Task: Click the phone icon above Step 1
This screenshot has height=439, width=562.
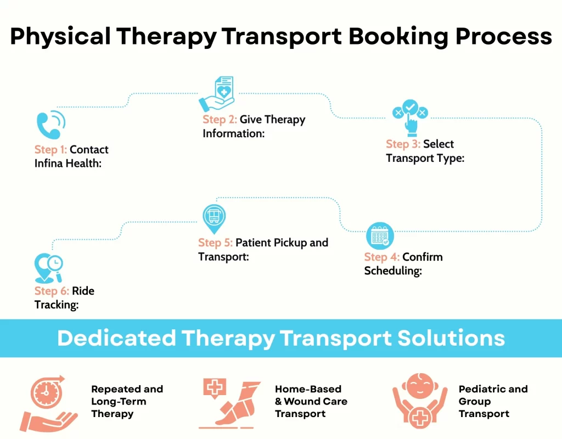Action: coord(50,125)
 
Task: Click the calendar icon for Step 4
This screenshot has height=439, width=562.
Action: coord(380,236)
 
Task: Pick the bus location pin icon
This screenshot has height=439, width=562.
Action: coord(213,218)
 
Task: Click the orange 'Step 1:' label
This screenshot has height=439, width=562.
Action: coord(50,150)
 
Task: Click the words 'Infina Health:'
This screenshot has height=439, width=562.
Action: coord(68,164)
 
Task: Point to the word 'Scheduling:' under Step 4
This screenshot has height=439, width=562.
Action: coord(393,271)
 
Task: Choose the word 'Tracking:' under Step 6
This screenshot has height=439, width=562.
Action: coord(57,305)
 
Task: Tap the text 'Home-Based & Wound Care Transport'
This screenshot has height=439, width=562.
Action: coord(311,401)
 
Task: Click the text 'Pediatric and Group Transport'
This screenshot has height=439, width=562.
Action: coord(493,401)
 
